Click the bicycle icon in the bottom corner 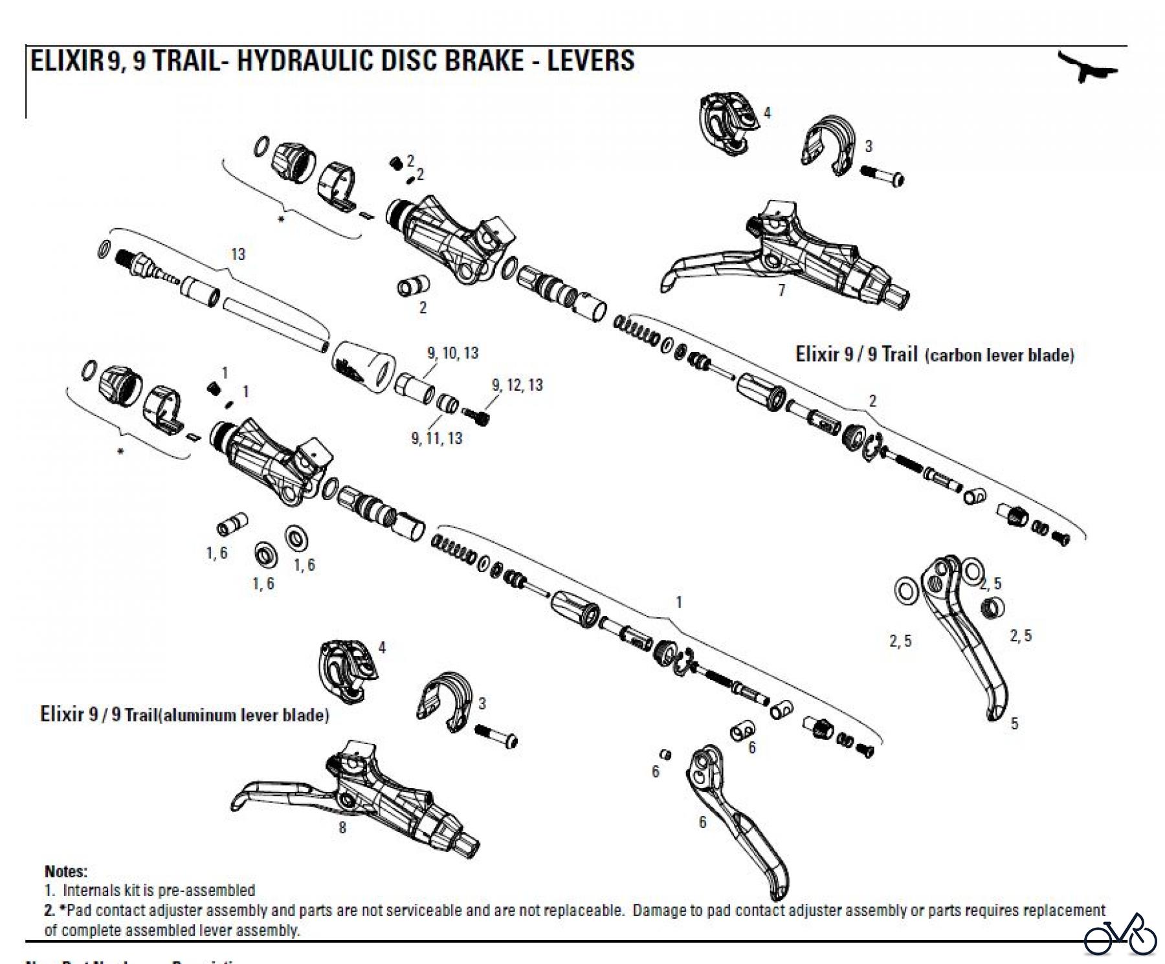pos(1120,935)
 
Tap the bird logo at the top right pos(1088,67)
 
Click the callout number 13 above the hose pos(238,254)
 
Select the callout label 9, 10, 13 pos(452,353)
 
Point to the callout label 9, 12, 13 pos(517,386)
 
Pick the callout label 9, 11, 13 pos(437,439)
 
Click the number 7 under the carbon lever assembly pos(781,290)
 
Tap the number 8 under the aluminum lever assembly pos(342,827)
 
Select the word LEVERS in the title pos(590,61)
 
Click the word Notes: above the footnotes pos(66,871)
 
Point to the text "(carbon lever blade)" pos(999,355)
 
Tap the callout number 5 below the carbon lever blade pos(1014,723)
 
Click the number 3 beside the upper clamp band pos(869,146)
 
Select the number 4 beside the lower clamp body pos(382,648)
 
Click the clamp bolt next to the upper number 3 pos(882,175)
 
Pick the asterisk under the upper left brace pos(281,221)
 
